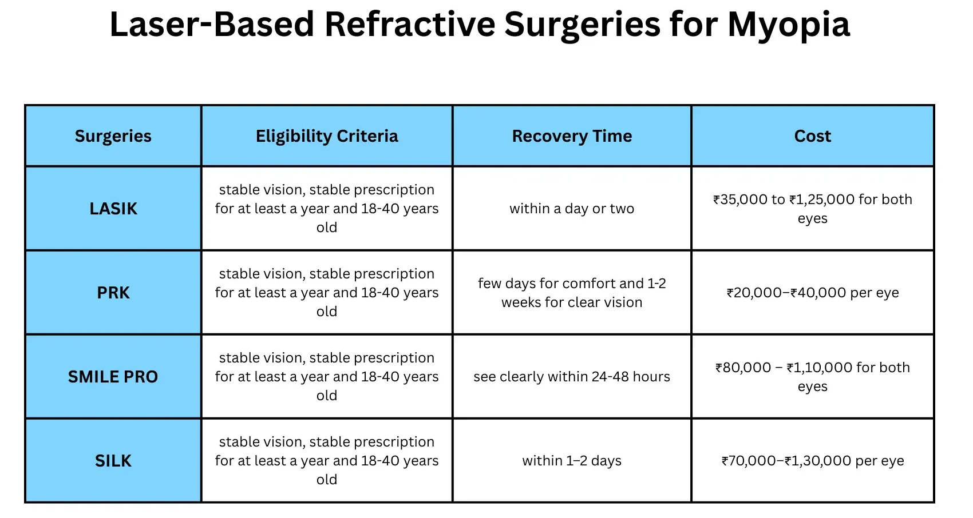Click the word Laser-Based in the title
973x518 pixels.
(x=212, y=25)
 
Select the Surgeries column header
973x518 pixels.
(x=113, y=136)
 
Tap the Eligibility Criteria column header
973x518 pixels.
(x=327, y=136)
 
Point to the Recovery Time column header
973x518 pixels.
(x=572, y=136)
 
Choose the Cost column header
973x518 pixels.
(x=812, y=136)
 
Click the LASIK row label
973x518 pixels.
(x=113, y=209)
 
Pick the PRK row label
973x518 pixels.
(x=113, y=293)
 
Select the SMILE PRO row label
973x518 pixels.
(x=113, y=377)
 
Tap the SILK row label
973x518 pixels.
(x=113, y=461)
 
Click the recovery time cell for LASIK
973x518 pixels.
(x=572, y=209)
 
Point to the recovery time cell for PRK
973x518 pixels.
(x=572, y=293)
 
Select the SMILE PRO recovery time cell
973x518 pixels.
(x=572, y=377)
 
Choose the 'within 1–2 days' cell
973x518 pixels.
(x=572, y=461)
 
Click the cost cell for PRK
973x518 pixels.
(x=812, y=293)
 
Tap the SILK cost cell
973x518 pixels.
(x=812, y=461)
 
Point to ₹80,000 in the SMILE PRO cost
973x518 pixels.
(x=743, y=368)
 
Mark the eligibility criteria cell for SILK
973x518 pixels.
(x=327, y=461)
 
